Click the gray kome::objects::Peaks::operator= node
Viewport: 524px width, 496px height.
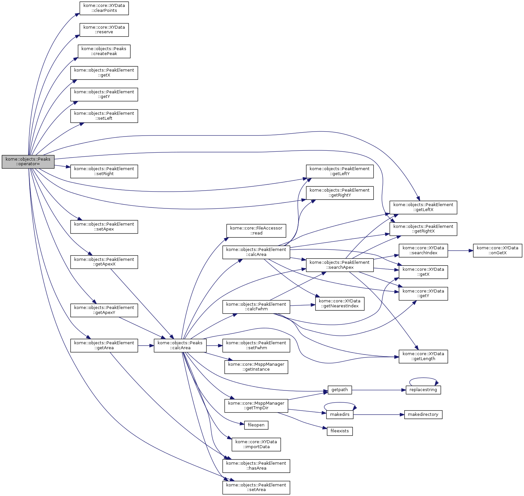click(28, 162)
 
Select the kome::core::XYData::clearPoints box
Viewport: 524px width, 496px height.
click(104, 8)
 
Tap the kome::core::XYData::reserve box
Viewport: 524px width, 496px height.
click(104, 30)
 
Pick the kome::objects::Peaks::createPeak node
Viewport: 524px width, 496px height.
click(104, 51)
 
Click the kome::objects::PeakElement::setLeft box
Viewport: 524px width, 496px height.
click(104, 116)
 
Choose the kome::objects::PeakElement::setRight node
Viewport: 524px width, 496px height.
click(104, 171)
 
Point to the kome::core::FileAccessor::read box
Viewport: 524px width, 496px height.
click(256, 231)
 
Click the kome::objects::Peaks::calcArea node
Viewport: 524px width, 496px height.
click(180, 346)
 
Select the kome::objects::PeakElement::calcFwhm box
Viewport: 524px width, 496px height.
click(256, 307)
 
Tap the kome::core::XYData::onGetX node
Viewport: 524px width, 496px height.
click(497, 251)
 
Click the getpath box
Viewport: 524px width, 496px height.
click(340, 390)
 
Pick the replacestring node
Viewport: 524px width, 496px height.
click(423, 390)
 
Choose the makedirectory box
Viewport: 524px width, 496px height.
click(423, 415)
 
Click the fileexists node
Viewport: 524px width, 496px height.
click(340, 431)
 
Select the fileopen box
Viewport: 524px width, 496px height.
click(256, 425)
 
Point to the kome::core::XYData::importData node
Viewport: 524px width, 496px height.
click(256, 445)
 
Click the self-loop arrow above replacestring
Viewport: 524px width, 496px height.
click(423, 379)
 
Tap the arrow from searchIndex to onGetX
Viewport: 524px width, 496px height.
click(460, 251)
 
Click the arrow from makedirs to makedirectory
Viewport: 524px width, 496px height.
click(379, 415)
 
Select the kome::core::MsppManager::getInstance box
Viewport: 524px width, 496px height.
click(256, 367)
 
